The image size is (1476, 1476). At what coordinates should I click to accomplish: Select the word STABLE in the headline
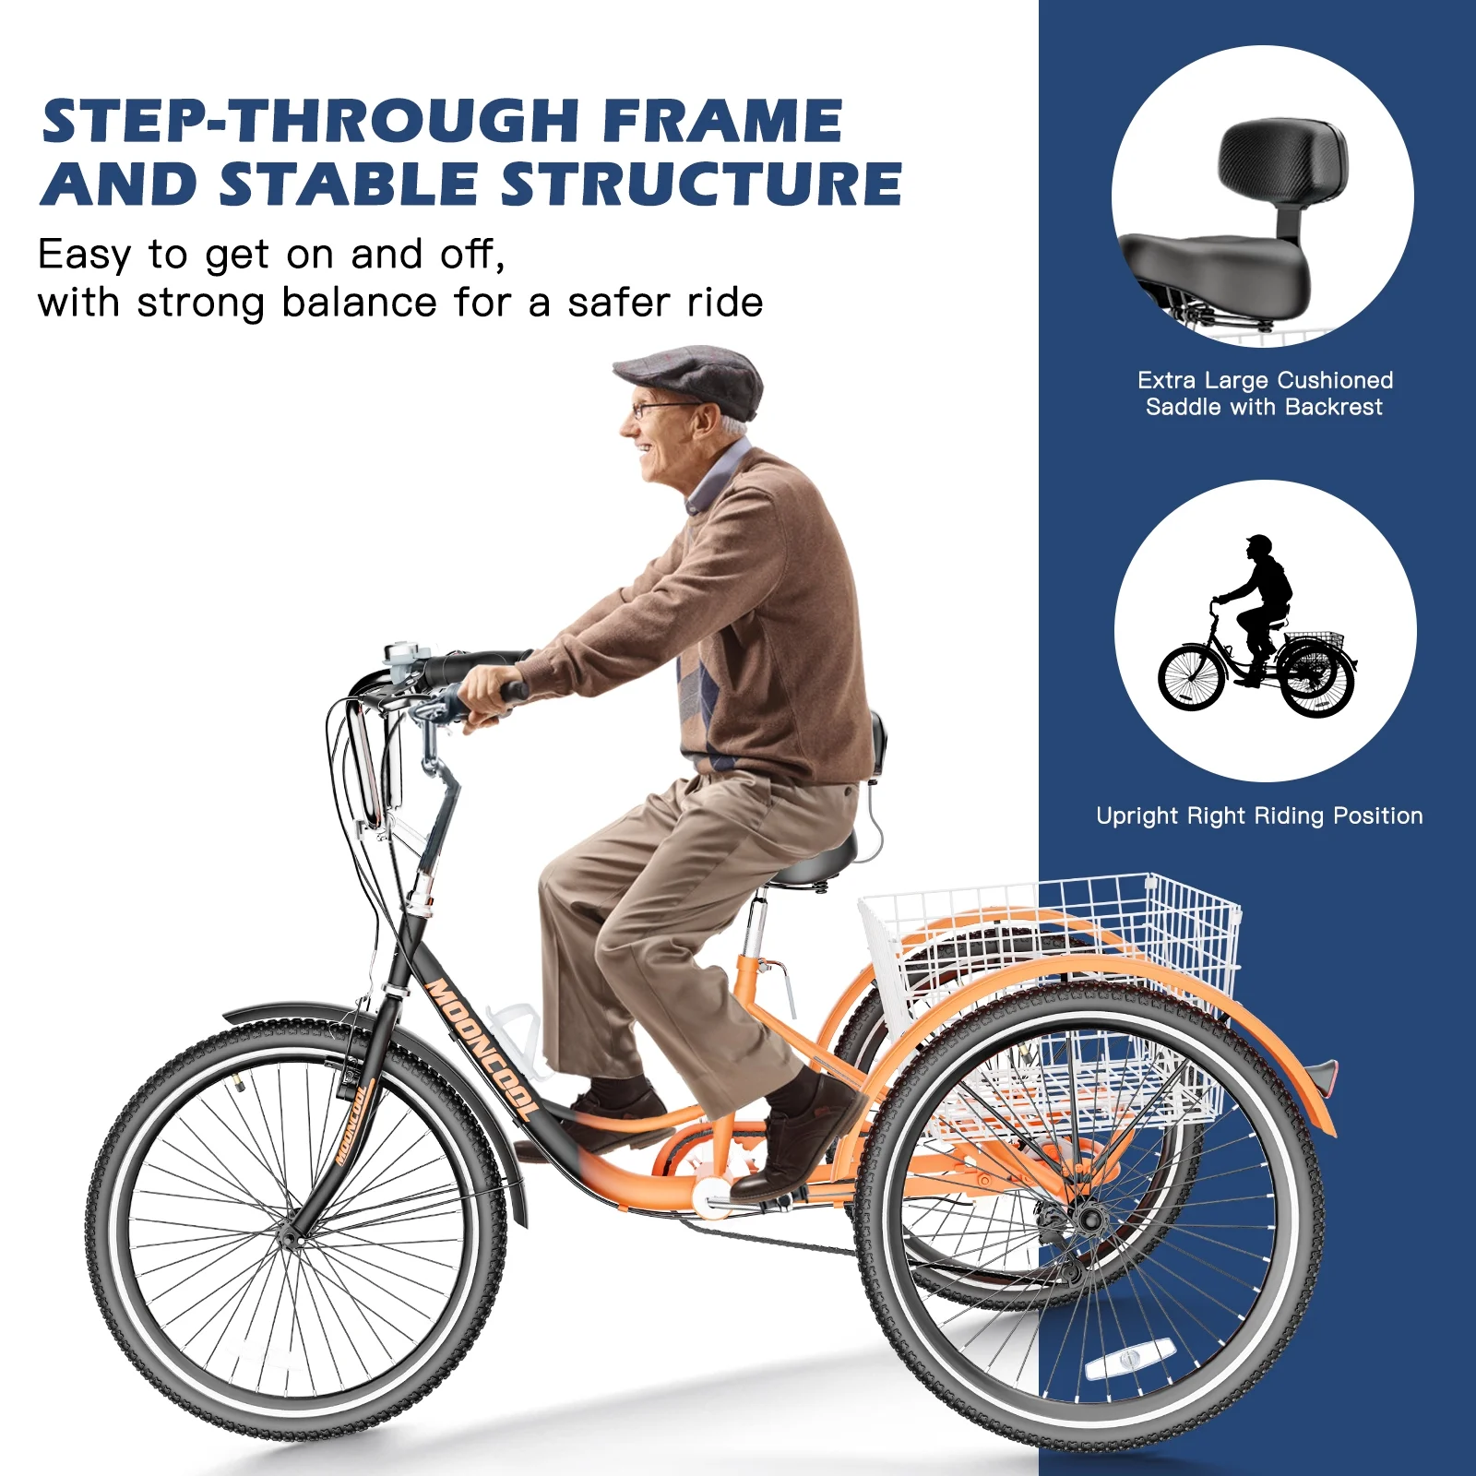click(x=348, y=184)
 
